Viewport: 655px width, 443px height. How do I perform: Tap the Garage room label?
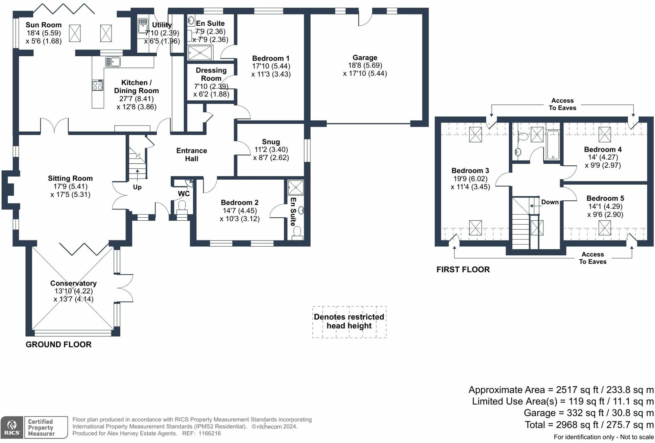[x=365, y=58]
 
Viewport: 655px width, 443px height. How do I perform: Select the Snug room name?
[x=271, y=142]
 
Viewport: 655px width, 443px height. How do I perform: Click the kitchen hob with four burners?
[x=98, y=85]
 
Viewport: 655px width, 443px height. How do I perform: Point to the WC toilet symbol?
[x=182, y=205]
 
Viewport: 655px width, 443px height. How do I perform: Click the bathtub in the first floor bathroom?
[x=553, y=145]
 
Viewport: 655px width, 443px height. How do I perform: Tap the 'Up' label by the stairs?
[x=137, y=187]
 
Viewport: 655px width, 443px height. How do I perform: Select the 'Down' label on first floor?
[x=550, y=202]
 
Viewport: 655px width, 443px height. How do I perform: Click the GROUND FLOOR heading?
[x=58, y=344]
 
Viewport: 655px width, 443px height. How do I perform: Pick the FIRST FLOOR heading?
[x=463, y=270]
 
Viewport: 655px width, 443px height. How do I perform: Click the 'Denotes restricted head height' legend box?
[x=349, y=322]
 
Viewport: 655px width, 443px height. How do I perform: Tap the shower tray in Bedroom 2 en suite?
[x=295, y=188]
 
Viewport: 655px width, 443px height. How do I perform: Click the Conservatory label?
[x=73, y=283]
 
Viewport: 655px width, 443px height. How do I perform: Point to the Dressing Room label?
[x=211, y=74]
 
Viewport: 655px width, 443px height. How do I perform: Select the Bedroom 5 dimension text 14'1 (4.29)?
[x=605, y=206]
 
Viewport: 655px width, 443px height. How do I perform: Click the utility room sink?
[x=143, y=26]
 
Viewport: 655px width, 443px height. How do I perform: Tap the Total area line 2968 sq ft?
[x=589, y=425]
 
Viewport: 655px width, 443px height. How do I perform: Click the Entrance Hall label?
[x=192, y=155]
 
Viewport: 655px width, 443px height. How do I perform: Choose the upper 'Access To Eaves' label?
[x=562, y=104]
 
